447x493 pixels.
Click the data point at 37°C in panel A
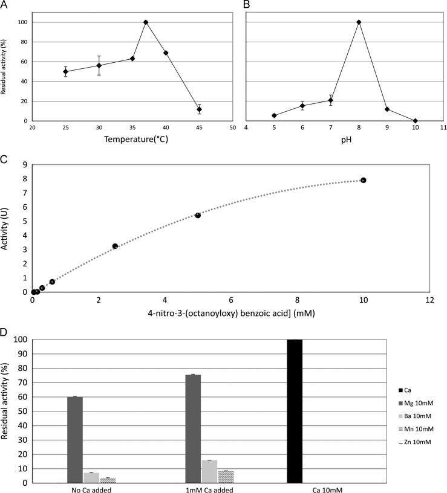click(x=146, y=22)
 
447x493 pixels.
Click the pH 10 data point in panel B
click(x=415, y=121)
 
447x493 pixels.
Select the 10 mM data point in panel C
click(x=364, y=180)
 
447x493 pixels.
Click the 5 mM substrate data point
click(x=198, y=215)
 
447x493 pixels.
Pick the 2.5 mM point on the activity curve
click(x=115, y=246)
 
